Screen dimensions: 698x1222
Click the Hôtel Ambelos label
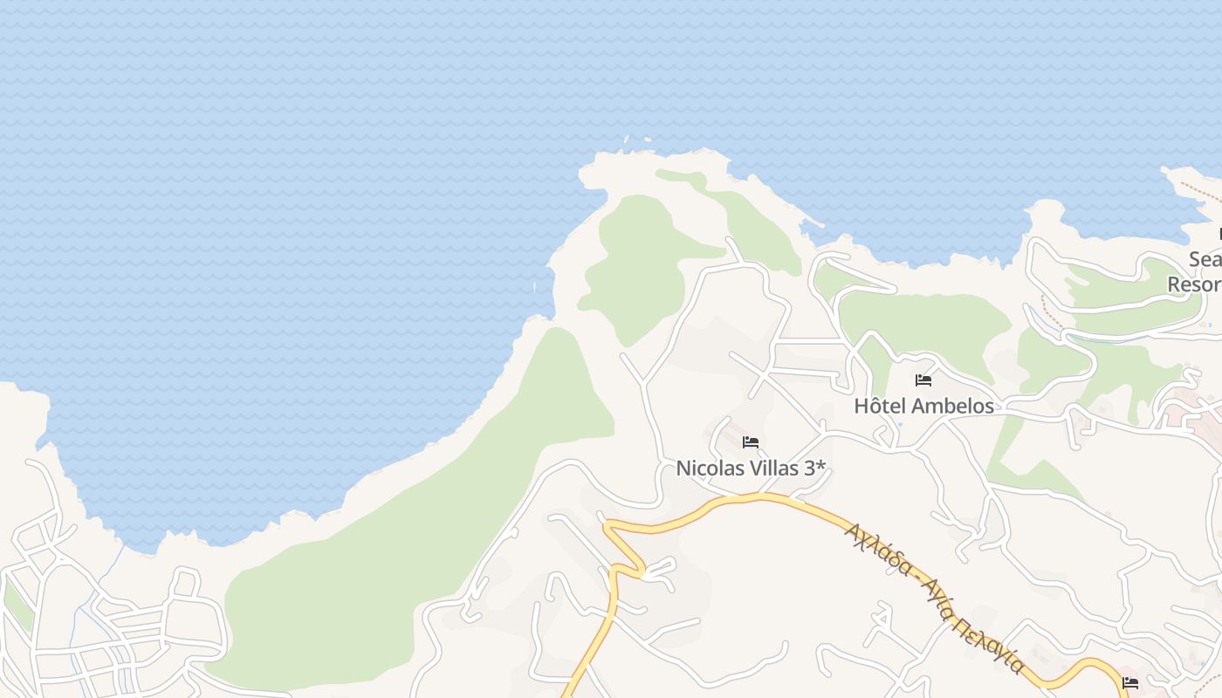click(923, 406)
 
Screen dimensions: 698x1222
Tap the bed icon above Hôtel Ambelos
click(923, 380)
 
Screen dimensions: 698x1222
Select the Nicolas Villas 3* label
click(751, 469)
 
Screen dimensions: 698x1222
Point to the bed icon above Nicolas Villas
click(751, 442)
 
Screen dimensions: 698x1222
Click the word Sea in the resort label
click(1205, 260)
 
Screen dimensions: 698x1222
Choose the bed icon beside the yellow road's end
click(1130, 682)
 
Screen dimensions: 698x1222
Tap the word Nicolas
click(709, 469)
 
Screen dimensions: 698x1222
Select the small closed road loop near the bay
click(186, 582)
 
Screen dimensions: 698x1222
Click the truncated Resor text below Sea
click(1195, 284)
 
